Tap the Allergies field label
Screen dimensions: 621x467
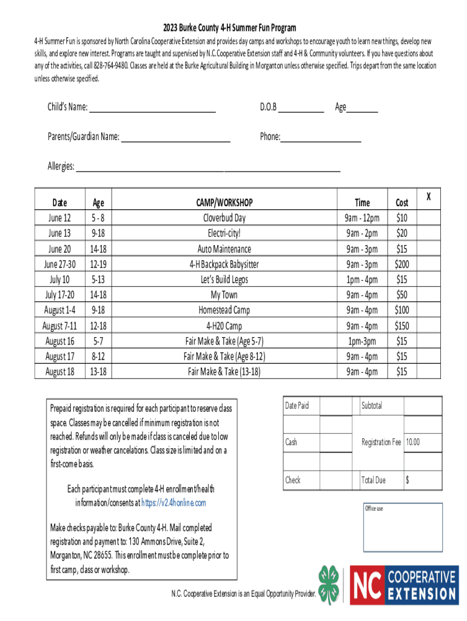click(x=61, y=166)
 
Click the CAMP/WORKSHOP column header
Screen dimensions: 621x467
click(x=224, y=203)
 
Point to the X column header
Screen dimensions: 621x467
click(x=428, y=196)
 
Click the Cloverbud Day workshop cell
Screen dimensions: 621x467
click(x=224, y=218)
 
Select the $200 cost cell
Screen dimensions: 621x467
click(x=401, y=264)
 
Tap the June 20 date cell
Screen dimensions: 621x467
click(x=59, y=249)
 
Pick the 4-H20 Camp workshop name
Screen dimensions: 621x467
click(x=224, y=326)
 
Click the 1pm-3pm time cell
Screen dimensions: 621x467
click(x=362, y=341)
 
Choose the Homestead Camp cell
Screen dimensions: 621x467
click(x=224, y=310)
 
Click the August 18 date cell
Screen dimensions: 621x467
click(x=59, y=372)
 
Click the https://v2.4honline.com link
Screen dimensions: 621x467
click(x=173, y=503)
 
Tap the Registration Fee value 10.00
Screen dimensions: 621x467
click(x=412, y=443)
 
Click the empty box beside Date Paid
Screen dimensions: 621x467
click(x=335, y=406)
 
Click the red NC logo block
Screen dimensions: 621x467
click(x=368, y=585)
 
